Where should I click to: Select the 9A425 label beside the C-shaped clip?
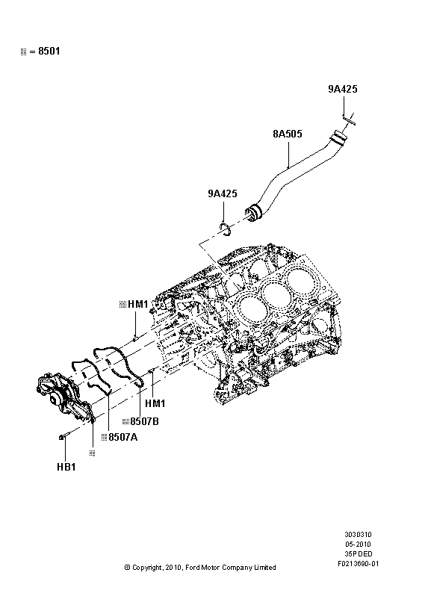222,194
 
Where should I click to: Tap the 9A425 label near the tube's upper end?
343,90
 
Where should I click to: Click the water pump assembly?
63,400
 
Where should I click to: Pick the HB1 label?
66,467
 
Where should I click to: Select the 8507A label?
122,438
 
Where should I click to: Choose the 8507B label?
144,421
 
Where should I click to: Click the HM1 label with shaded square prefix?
138,305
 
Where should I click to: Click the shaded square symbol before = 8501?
23,52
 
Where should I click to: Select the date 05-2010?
359,545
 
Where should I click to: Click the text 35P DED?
359,556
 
